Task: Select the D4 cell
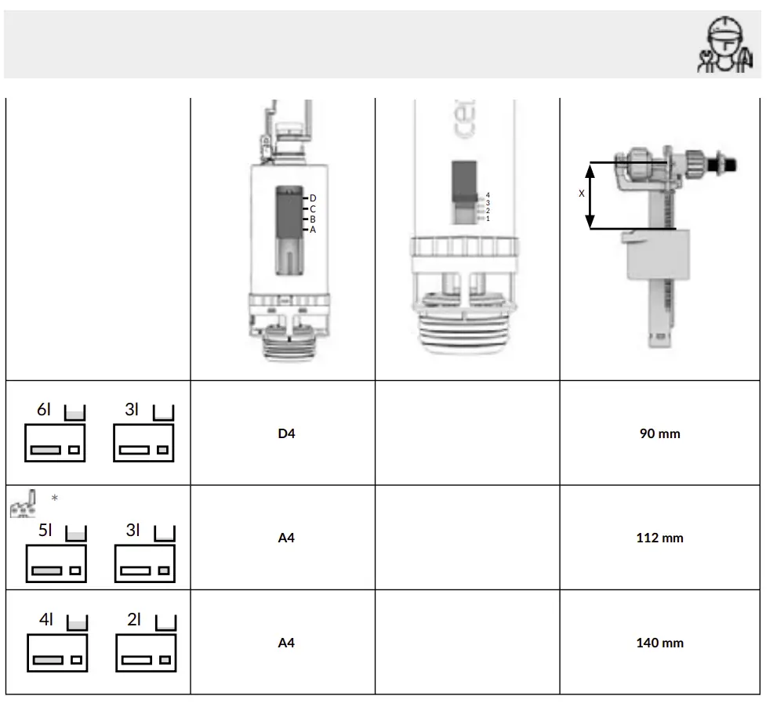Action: pos(286,433)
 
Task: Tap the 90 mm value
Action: pos(659,433)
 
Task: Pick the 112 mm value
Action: pos(659,538)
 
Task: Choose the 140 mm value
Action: pos(659,643)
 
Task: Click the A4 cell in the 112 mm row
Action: pos(286,538)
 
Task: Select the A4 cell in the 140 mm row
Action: pos(286,643)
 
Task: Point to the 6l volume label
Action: pos(44,410)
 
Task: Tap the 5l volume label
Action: pos(46,530)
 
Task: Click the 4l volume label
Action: pos(46,619)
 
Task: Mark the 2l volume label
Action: pos(134,619)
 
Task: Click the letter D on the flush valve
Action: pos(313,198)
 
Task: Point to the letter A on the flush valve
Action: pos(313,230)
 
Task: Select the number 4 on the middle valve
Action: pos(487,194)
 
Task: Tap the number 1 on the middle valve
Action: pos(487,219)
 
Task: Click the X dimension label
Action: pos(581,193)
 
